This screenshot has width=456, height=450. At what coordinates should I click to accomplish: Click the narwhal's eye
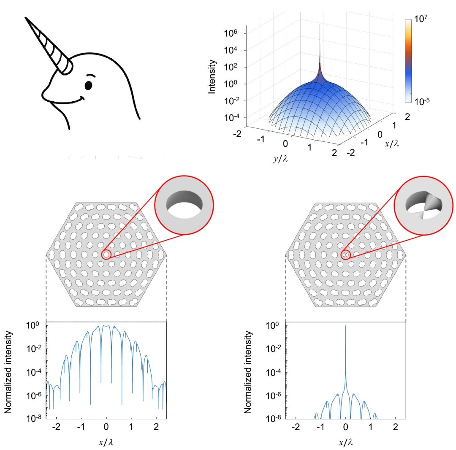point(88,86)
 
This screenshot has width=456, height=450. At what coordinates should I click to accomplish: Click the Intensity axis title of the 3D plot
point(214,76)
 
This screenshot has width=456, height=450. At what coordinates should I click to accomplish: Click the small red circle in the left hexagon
point(106,255)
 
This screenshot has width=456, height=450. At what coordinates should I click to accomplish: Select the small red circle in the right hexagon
point(346,255)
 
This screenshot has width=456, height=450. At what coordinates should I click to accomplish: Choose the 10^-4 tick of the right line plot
point(274,373)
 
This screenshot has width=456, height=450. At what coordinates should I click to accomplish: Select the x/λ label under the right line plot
point(346,442)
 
